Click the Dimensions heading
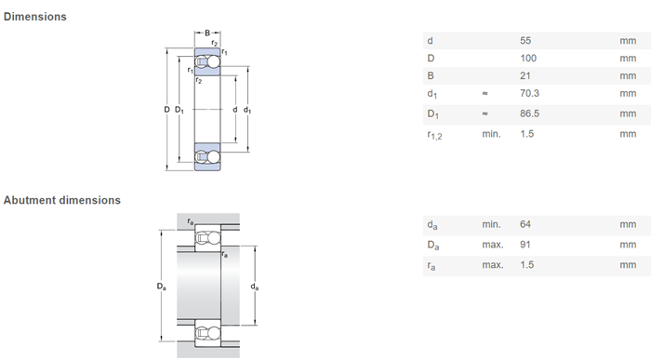coord(35,17)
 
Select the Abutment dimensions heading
coord(62,200)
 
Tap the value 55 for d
coord(525,41)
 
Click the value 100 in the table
coord(528,58)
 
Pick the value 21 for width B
coord(525,75)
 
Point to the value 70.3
coord(529,93)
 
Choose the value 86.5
coord(529,113)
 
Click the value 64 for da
coord(525,224)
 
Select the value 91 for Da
coord(525,245)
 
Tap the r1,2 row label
coord(434,135)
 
